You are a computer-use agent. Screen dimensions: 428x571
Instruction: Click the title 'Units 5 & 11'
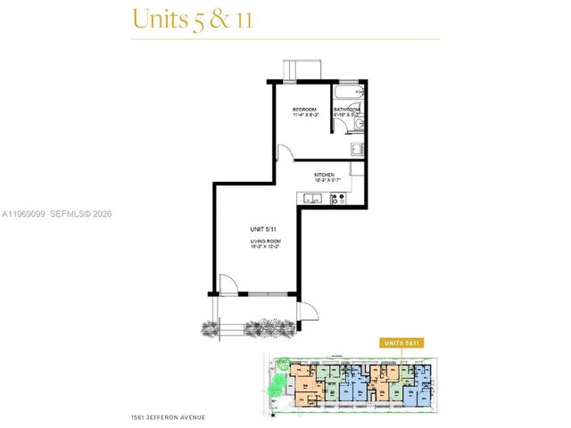tap(191, 19)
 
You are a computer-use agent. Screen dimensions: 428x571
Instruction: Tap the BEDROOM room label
tap(305, 109)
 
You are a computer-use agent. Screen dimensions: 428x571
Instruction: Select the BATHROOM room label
tap(347, 109)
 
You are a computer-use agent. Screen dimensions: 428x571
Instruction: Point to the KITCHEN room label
tap(324, 175)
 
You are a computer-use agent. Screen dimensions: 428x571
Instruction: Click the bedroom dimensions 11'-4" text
tap(305, 116)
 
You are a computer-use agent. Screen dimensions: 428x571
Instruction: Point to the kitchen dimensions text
tap(324, 182)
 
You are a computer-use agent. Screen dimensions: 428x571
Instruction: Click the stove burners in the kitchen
tap(338, 199)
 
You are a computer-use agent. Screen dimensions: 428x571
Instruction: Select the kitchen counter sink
tap(313, 198)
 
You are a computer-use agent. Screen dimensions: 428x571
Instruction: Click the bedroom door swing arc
tap(282, 153)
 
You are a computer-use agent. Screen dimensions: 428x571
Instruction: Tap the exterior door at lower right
tap(309, 311)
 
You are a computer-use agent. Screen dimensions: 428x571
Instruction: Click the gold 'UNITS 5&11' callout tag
tap(401, 342)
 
